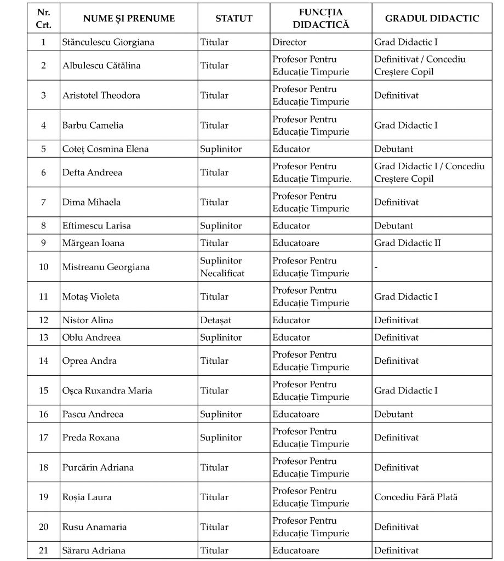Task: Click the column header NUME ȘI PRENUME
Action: (x=129, y=19)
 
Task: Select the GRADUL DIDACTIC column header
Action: (x=432, y=19)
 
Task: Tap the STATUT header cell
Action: (x=234, y=19)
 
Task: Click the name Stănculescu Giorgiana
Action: (x=108, y=42)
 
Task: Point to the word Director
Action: (x=289, y=42)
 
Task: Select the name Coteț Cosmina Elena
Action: (x=105, y=149)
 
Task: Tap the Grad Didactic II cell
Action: (x=408, y=243)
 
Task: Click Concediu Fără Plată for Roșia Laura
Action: (x=416, y=497)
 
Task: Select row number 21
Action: (x=43, y=551)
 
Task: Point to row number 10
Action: (x=43, y=267)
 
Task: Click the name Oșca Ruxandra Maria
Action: (x=107, y=391)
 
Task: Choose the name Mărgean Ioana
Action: (x=93, y=243)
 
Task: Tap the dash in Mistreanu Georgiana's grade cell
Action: (x=376, y=267)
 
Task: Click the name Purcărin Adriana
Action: (x=98, y=467)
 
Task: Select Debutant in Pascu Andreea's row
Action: (x=394, y=414)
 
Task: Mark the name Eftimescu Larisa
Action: (x=96, y=226)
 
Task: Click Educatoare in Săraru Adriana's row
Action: (x=296, y=551)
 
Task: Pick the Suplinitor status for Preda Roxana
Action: (x=221, y=438)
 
